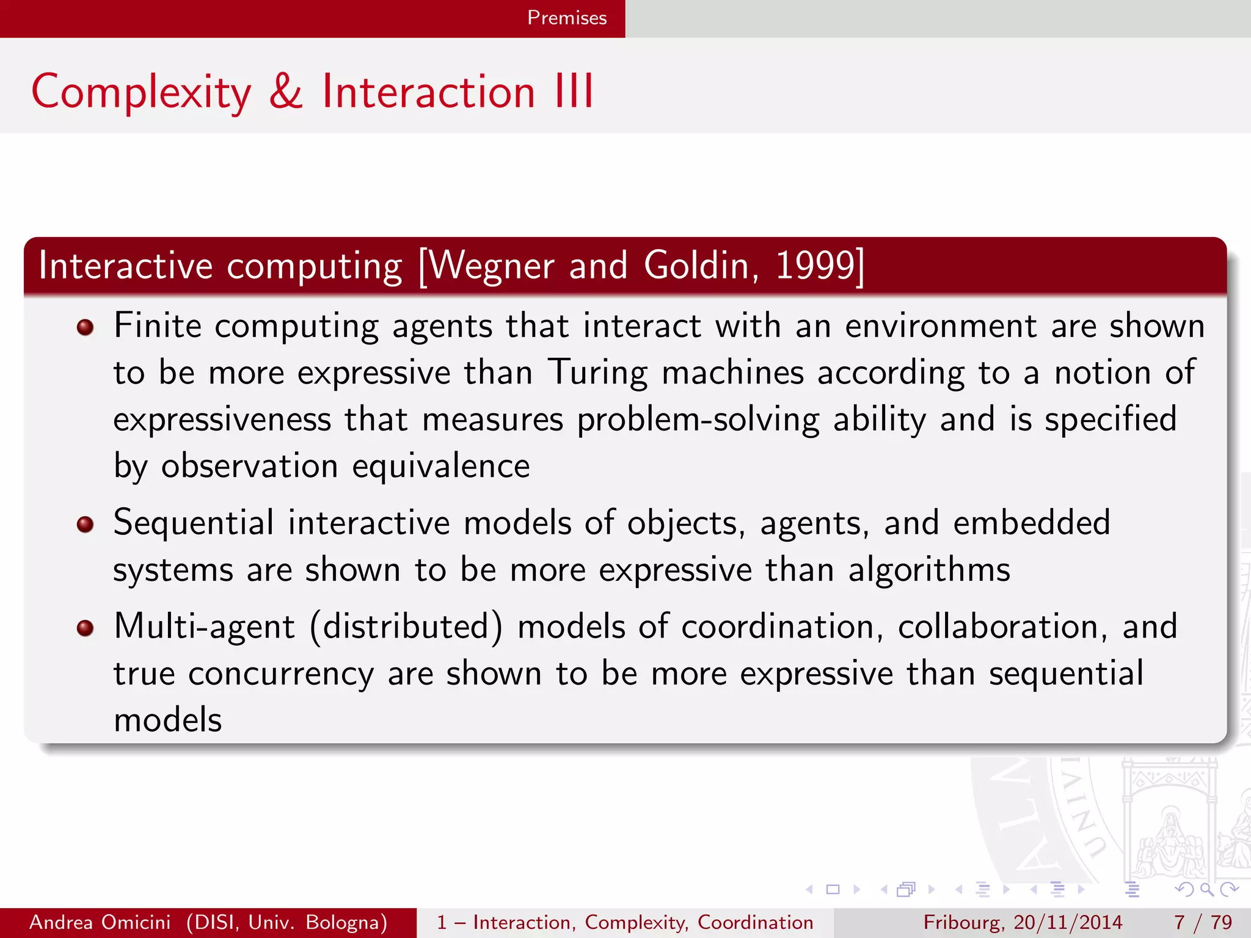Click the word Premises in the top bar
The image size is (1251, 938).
tap(566, 18)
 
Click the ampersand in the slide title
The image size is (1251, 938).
tap(286, 92)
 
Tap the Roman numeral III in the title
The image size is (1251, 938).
tap(574, 92)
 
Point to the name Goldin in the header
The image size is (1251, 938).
tap(701, 266)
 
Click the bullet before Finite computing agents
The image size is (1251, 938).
tap(86, 327)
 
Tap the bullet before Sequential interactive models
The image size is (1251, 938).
tap(86, 524)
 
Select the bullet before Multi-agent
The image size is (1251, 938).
tap(86, 628)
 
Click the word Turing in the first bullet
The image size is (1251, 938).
tap(597, 373)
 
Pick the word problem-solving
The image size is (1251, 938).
tap(698, 420)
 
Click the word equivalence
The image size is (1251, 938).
tap(441, 467)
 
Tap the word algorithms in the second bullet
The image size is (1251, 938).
tap(929, 570)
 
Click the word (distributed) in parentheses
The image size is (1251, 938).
tap(406, 627)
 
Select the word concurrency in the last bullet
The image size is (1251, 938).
tap(280, 674)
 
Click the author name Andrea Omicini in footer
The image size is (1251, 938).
tap(100, 922)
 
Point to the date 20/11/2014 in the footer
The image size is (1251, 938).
tap(1068, 922)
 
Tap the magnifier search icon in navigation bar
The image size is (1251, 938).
tap(1206, 889)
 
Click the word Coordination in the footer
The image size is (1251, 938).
tap(755, 922)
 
